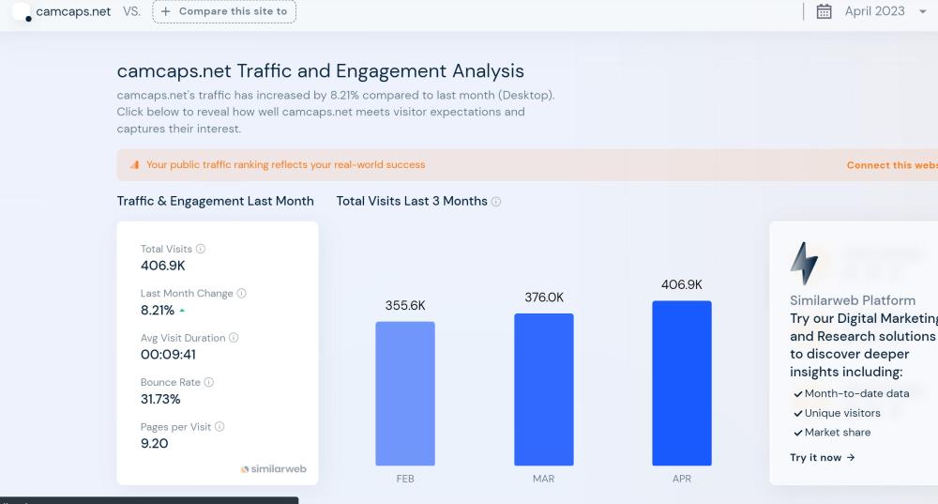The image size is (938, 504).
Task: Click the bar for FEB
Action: [x=405, y=393]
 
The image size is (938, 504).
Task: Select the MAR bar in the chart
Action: [x=544, y=389]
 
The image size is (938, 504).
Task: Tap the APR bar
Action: [x=682, y=383]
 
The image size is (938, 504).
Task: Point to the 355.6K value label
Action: [x=405, y=306]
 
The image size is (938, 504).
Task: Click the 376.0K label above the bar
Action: [x=544, y=298]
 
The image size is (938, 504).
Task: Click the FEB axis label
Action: [x=405, y=479]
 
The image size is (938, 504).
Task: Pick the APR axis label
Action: [x=682, y=479]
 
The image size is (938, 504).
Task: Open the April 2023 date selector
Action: [x=874, y=11]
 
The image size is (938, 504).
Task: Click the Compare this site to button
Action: [x=224, y=11]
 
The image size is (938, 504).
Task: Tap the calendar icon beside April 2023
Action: [x=825, y=11]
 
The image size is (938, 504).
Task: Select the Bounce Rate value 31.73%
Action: [x=160, y=399]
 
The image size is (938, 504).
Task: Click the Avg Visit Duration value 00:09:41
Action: [x=169, y=355]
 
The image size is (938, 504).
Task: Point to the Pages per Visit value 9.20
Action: [x=154, y=443]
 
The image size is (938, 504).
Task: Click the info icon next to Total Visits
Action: [x=201, y=249]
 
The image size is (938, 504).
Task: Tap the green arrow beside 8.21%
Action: [x=182, y=310]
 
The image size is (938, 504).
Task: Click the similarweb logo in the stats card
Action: [x=273, y=468]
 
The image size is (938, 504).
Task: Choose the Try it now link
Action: [x=823, y=458]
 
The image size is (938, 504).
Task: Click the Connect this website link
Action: [x=891, y=165]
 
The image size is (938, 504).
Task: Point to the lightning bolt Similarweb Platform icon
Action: [x=804, y=263]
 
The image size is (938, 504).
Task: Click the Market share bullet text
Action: [x=837, y=433]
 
